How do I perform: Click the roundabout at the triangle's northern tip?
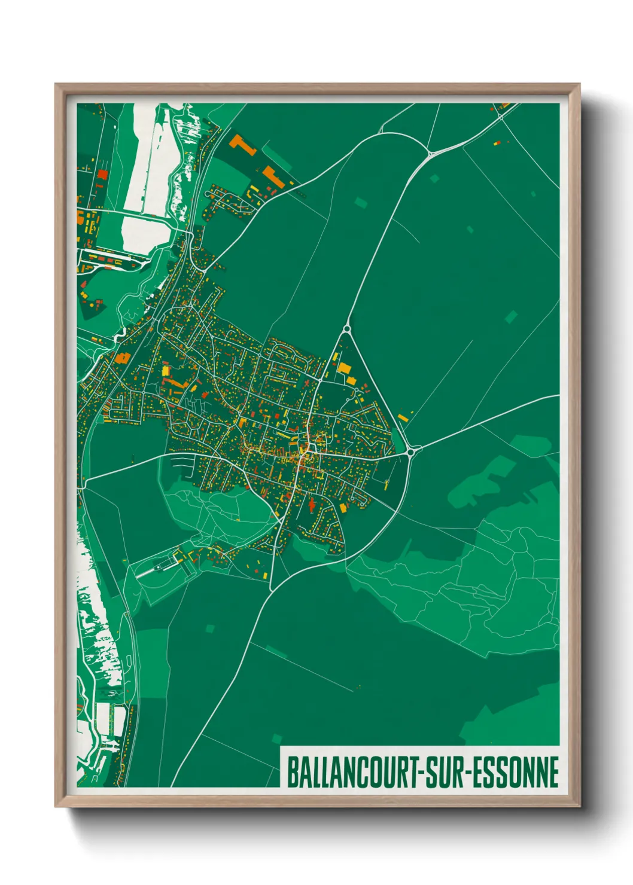coord(346,328)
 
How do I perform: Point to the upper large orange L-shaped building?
coord(242,144)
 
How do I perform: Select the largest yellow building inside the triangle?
coord(344,368)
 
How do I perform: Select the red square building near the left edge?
coord(102,175)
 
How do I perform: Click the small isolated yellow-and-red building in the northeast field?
coord(496,143)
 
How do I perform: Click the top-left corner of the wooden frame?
coord(56,84)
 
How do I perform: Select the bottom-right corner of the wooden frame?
coord(579,807)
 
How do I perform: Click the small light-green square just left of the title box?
coord(276,739)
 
